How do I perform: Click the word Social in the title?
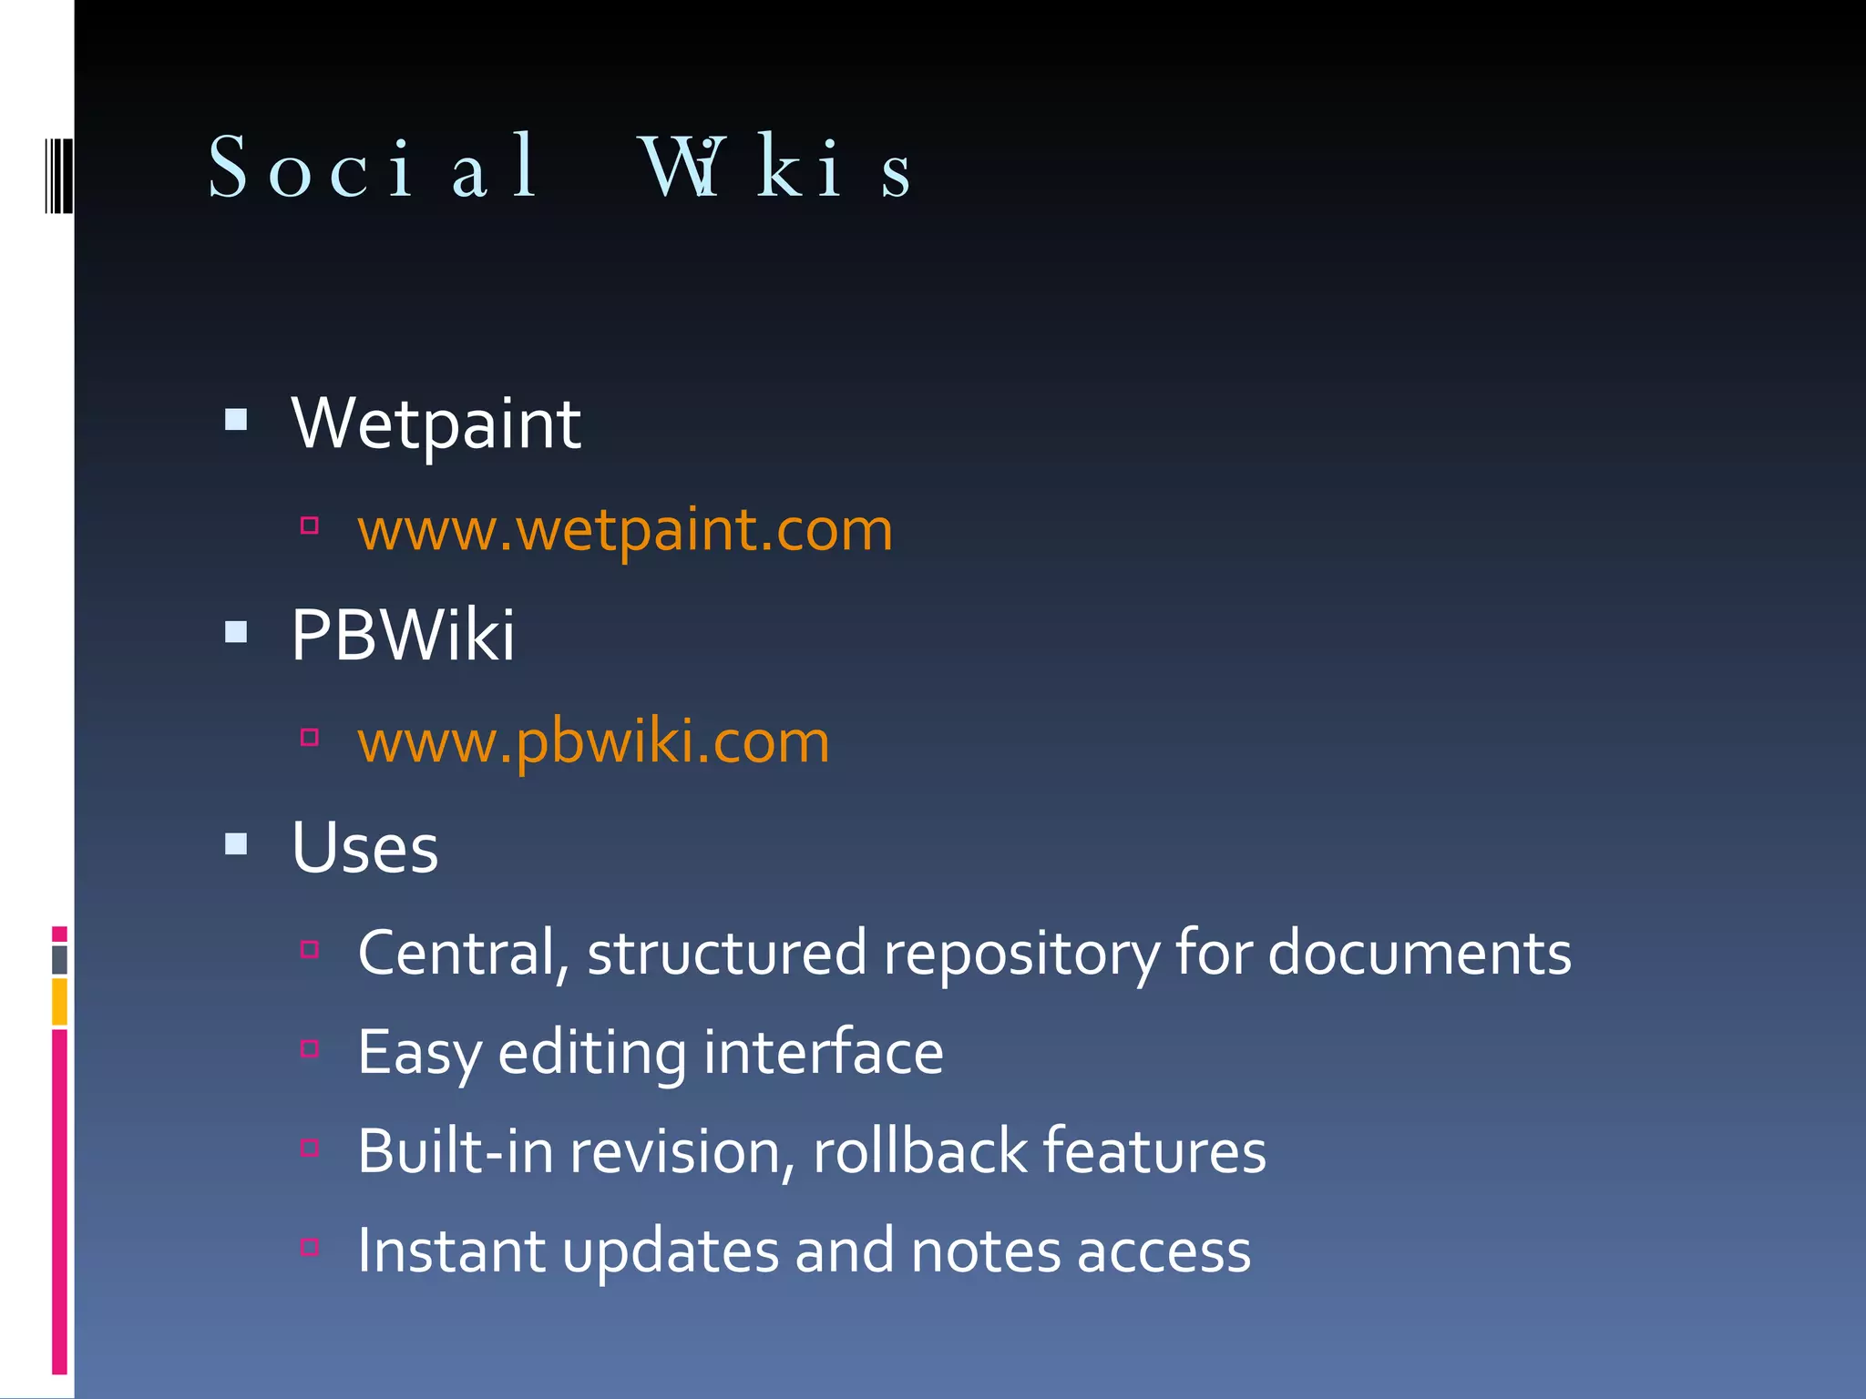[374, 167]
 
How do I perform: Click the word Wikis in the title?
[774, 167]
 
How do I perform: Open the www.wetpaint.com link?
[625, 530]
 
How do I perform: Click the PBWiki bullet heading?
[403, 635]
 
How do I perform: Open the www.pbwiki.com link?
[593, 741]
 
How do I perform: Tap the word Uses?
[364, 847]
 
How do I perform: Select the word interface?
[823, 1053]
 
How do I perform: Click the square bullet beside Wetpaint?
[236, 420]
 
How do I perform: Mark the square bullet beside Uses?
[236, 843]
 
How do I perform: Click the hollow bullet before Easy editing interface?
[310, 1049]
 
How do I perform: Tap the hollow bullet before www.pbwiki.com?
[310, 737]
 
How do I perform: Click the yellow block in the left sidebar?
[59, 1002]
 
